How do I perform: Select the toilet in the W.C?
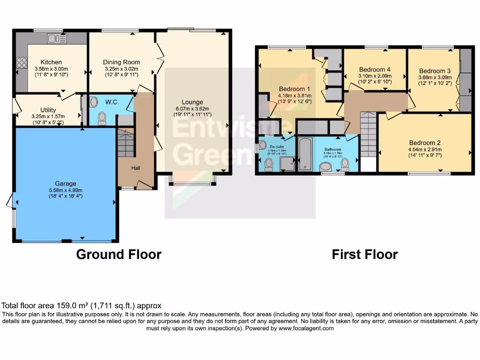pos(102,118)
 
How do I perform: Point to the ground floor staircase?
pos(126,143)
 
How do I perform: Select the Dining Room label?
pos(121,62)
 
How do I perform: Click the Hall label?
pos(135,168)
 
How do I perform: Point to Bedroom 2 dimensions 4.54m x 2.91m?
pos(425,150)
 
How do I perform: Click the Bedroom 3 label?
pos(435,71)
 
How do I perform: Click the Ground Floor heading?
pos(119,254)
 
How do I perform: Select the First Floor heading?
pos(365,254)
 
